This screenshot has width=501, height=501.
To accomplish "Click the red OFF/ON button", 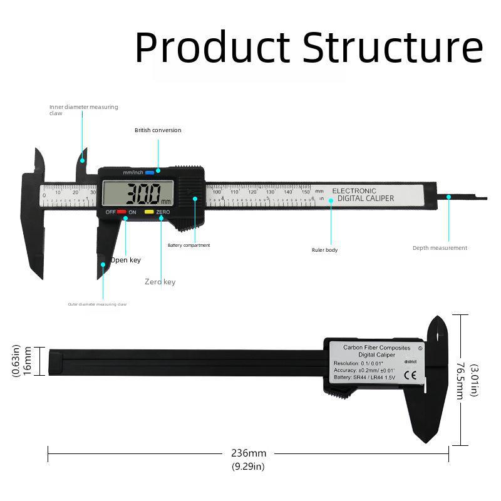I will coord(121,212).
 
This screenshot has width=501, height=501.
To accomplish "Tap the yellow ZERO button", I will coord(149,212).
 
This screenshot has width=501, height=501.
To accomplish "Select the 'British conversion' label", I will coord(158,130).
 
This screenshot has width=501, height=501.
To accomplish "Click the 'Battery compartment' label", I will coord(189,245).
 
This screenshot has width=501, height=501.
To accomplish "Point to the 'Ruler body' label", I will coord(324,250).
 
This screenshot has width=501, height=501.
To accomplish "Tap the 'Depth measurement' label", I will coord(440,248).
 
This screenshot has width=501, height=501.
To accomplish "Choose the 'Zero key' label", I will coord(160,282).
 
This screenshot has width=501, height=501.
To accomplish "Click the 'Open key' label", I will coord(126,260).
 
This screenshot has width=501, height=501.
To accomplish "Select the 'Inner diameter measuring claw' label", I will coord(83,110).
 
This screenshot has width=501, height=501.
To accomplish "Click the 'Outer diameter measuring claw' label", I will coord(97,304).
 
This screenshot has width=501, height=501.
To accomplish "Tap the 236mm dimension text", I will coord(249,453).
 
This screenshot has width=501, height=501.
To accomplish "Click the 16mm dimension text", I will coord(28,361).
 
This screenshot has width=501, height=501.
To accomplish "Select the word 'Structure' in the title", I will coord(393,47).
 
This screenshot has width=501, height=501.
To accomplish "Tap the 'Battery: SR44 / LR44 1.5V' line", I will coord(364,377).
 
